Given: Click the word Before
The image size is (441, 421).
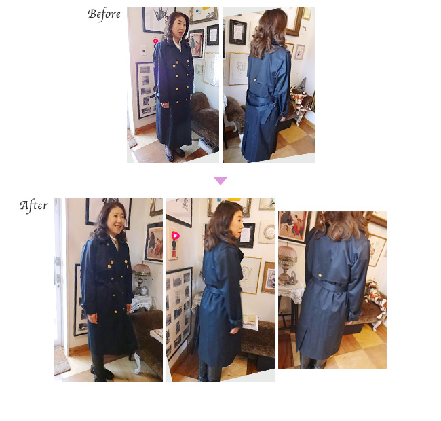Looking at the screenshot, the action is (x=104, y=14).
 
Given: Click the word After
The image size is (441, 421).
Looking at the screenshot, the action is (x=34, y=206).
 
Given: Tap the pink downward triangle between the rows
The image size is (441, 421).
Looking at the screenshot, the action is (x=220, y=181).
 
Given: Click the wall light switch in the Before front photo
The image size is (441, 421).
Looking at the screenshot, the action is (x=143, y=50).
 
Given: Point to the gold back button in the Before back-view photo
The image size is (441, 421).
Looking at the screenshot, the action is (x=255, y=80).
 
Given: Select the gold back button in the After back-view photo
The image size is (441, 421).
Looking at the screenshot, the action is (x=320, y=275).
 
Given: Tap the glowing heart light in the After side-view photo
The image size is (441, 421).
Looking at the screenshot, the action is (x=176, y=235).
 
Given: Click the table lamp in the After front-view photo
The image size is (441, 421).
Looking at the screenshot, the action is (x=141, y=278).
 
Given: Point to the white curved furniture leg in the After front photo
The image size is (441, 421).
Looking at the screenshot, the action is (x=138, y=363).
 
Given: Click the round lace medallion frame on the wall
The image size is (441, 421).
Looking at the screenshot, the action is (x=269, y=232).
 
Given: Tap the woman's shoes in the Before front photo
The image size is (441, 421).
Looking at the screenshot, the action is (x=175, y=155).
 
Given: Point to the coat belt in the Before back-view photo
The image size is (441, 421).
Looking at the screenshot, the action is (x=262, y=103).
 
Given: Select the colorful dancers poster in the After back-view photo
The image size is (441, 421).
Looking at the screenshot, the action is (x=292, y=226).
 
